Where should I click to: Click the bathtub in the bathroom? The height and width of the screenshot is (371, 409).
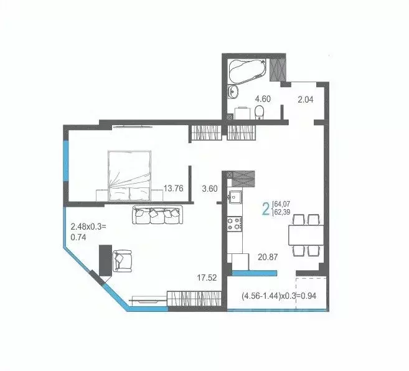pyautogui.click(x=248, y=71)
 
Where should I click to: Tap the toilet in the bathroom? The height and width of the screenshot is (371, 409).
pyautogui.click(x=260, y=111)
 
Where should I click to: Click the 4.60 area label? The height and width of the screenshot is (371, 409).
pyautogui.click(x=263, y=98)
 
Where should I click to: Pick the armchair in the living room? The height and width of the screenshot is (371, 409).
pyautogui.click(x=122, y=261)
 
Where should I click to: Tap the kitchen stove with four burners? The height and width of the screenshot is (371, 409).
pyautogui.click(x=235, y=223)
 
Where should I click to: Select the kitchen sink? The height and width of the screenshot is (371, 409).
pyautogui.click(x=235, y=199)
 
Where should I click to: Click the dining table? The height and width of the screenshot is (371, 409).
pyautogui.click(x=304, y=235)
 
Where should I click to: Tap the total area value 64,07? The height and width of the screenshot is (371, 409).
pyautogui.click(x=281, y=203)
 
